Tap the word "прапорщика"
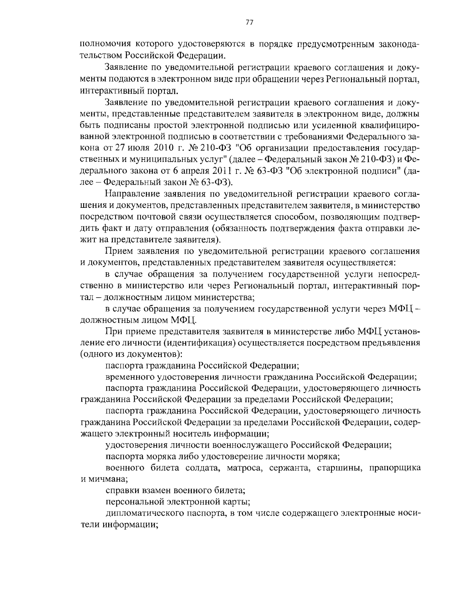(394, 468)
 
